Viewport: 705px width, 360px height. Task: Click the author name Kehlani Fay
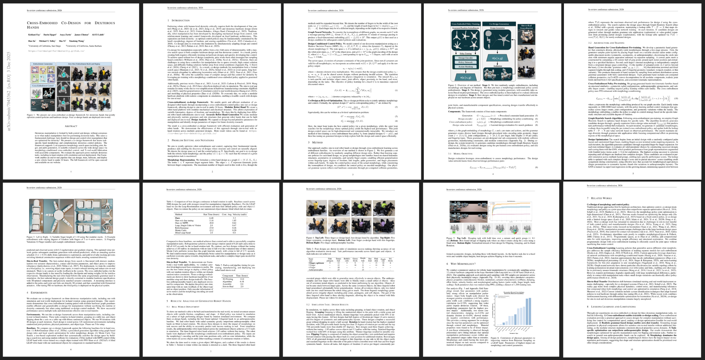[33, 35]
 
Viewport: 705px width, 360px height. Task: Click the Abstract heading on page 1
[71, 126]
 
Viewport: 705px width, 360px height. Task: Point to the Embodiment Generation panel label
[43, 64]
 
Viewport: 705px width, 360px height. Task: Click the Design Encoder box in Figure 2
[465, 58]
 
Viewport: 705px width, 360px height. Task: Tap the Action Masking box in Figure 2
[465, 67]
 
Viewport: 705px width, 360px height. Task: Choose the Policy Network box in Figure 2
[465, 62]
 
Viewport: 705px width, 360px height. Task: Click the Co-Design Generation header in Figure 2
[499, 24]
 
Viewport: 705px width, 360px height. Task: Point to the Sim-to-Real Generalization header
[526, 27]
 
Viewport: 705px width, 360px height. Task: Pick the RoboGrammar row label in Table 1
[181, 228]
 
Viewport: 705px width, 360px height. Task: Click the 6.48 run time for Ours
[211, 218]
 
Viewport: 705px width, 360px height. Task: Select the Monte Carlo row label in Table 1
[180, 230]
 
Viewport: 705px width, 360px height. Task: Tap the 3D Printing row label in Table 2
[228, 279]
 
